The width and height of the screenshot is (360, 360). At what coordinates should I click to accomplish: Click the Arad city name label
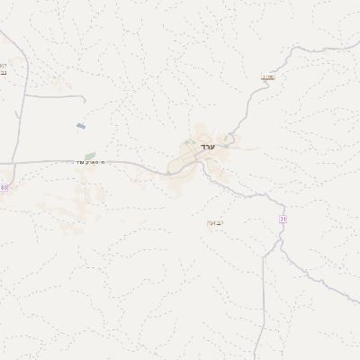click(x=208, y=146)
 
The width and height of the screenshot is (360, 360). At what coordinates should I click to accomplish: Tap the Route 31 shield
click(x=283, y=220)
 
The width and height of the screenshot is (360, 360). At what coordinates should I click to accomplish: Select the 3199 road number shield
click(x=268, y=77)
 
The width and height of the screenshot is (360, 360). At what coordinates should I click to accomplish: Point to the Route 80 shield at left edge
click(x=4, y=188)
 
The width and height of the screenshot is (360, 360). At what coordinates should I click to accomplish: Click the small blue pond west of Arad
click(x=82, y=126)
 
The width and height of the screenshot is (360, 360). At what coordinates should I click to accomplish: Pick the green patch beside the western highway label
click(x=89, y=155)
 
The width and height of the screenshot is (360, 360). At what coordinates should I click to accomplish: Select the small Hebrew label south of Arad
click(x=216, y=221)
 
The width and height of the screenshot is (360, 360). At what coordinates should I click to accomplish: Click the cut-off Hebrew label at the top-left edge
click(x=3, y=69)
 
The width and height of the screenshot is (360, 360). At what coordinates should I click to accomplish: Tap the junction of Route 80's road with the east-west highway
click(x=14, y=162)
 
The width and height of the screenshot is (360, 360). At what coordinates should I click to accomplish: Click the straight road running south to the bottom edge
click(x=263, y=306)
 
